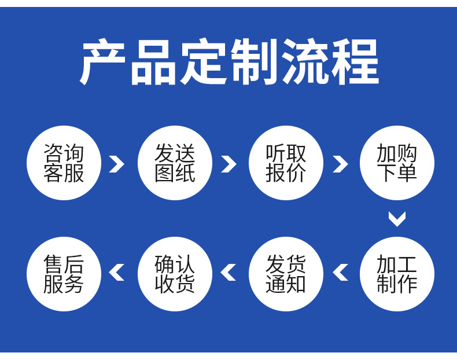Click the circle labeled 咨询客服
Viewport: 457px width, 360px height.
pyautogui.click(x=64, y=163)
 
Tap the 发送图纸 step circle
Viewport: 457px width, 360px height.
pyautogui.click(x=175, y=163)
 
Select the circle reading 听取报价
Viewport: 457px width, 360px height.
pyautogui.click(x=286, y=163)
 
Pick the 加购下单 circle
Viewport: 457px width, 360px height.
pyautogui.click(x=397, y=163)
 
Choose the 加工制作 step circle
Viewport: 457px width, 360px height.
pyautogui.click(x=397, y=274)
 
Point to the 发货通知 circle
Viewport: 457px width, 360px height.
pyautogui.click(x=286, y=274)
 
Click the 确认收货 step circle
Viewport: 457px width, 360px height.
pyautogui.click(x=175, y=274)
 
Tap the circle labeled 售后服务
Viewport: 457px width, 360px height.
pyautogui.click(x=64, y=274)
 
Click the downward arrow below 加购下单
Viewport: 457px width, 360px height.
pyautogui.click(x=397, y=219)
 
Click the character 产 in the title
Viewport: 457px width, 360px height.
pyautogui.click(x=102, y=62)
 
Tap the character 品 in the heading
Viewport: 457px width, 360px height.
pyautogui.click(x=153, y=62)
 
